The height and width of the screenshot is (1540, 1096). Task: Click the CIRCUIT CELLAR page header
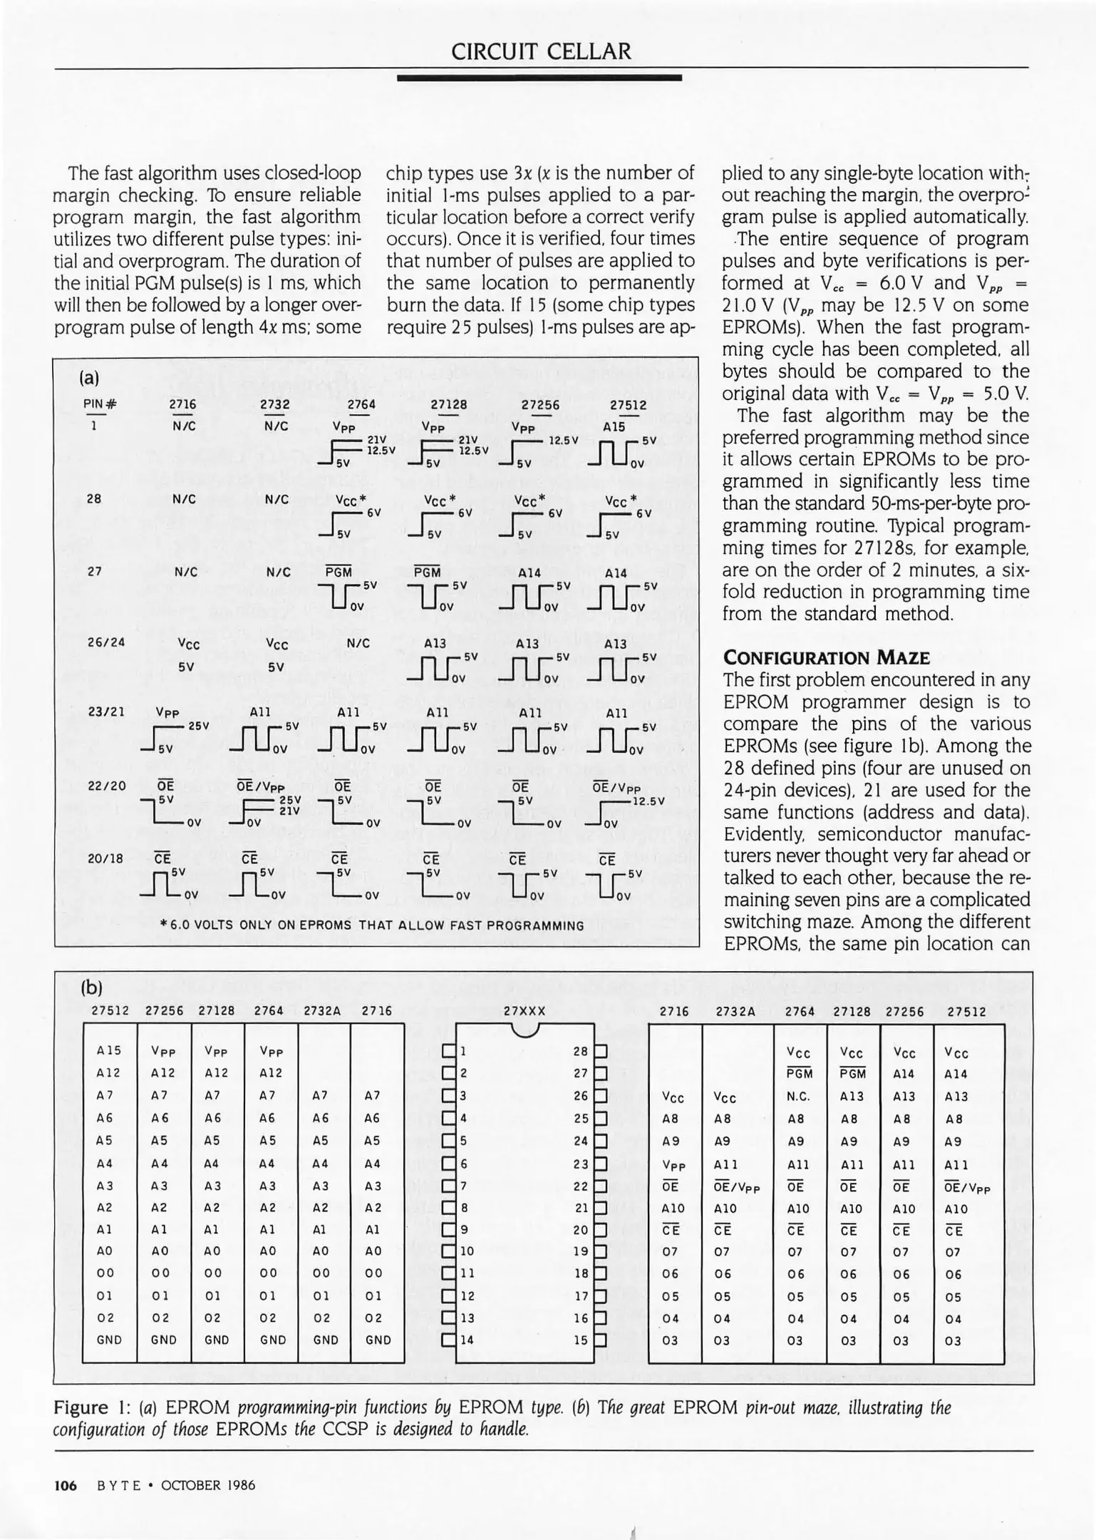[542, 51]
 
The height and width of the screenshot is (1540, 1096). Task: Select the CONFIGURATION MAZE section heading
[826, 657]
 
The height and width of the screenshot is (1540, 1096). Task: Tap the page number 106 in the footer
[66, 1485]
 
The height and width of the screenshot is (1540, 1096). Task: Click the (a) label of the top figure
[89, 377]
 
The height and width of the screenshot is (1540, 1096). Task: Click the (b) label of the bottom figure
[91, 987]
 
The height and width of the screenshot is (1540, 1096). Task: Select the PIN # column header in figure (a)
[100, 404]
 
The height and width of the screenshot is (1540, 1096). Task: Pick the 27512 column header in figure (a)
[628, 404]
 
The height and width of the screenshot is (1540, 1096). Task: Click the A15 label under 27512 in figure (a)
[614, 426]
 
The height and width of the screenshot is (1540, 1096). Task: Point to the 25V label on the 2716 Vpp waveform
[198, 726]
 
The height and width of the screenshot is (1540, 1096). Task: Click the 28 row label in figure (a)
[93, 499]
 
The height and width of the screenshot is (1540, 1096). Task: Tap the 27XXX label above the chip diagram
[524, 1011]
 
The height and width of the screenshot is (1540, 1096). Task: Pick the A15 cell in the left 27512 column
[109, 1050]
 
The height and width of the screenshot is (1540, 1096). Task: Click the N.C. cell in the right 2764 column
[798, 1097]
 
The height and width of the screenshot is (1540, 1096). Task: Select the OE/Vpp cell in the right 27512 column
[967, 1188]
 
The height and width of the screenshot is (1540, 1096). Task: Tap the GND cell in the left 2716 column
[378, 1340]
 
